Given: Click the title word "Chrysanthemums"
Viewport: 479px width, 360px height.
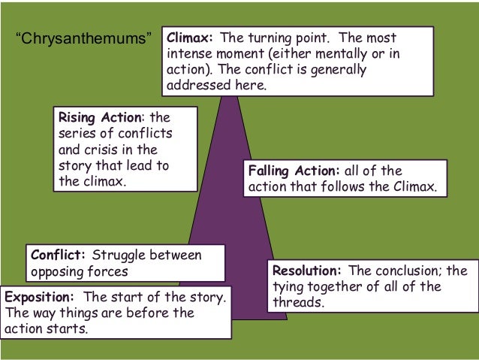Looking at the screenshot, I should pos(83,38).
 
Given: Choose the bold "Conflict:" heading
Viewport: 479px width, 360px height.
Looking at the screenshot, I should pos(58,255).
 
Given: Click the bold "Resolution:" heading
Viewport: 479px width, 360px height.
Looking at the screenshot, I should pos(308,271).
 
